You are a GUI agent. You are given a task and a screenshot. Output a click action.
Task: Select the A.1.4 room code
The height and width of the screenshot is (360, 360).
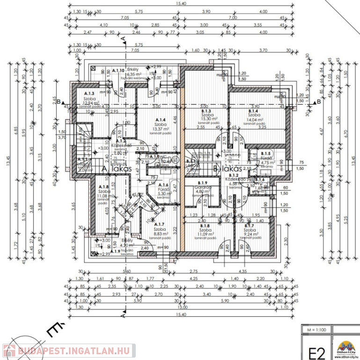155,120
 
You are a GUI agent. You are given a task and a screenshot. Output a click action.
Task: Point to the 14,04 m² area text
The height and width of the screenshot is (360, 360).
254,119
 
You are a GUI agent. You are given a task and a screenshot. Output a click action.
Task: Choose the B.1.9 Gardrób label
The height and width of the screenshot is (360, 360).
203,183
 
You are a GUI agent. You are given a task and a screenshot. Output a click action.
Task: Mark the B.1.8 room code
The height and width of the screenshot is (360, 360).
205,225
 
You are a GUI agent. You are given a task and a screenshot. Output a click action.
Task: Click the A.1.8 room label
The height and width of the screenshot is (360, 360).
103,187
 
